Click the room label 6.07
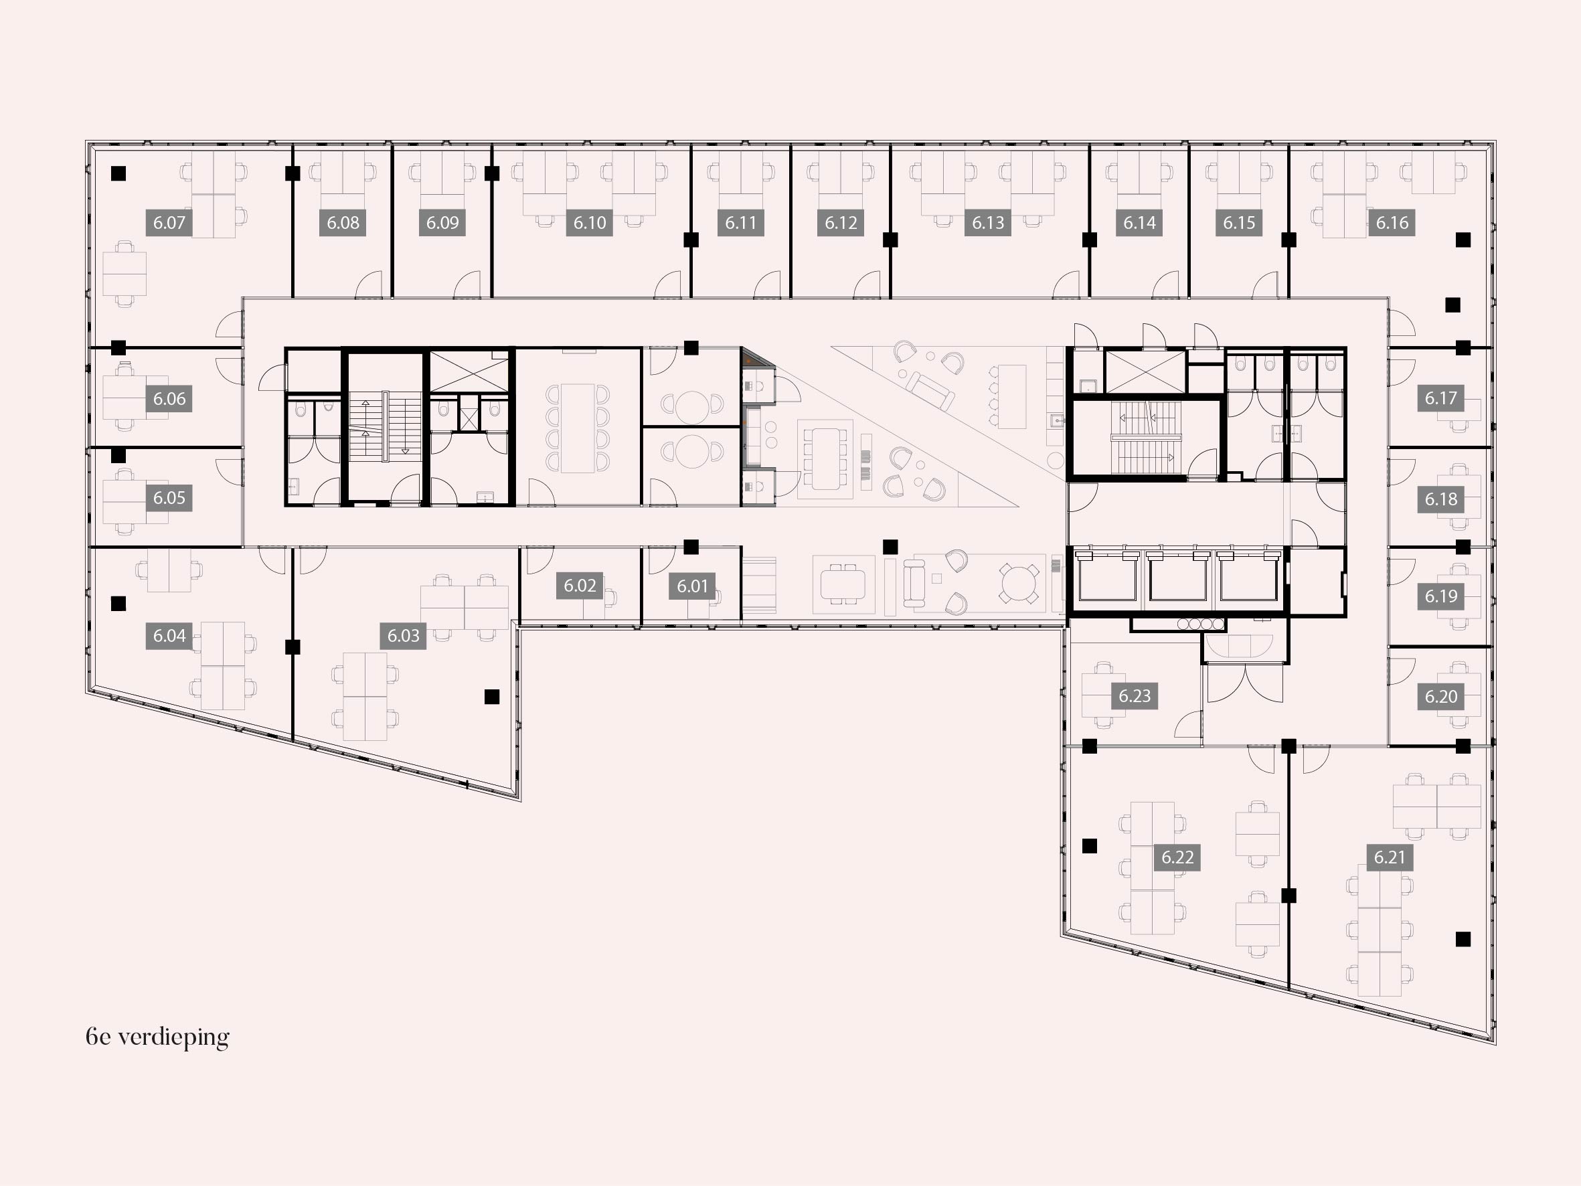click(169, 222)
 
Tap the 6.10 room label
click(590, 222)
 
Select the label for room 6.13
click(988, 222)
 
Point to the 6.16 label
click(1392, 222)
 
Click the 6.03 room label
click(403, 636)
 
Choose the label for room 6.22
click(1177, 857)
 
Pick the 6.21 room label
click(1390, 857)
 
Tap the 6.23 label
click(1135, 695)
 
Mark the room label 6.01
click(692, 586)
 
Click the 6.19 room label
click(1440, 596)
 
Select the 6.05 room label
click(169, 497)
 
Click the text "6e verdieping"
click(157, 1037)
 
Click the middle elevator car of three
click(1177, 577)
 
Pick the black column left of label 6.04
click(118, 603)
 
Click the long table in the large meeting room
click(578, 428)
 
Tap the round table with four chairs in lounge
click(1019, 584)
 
